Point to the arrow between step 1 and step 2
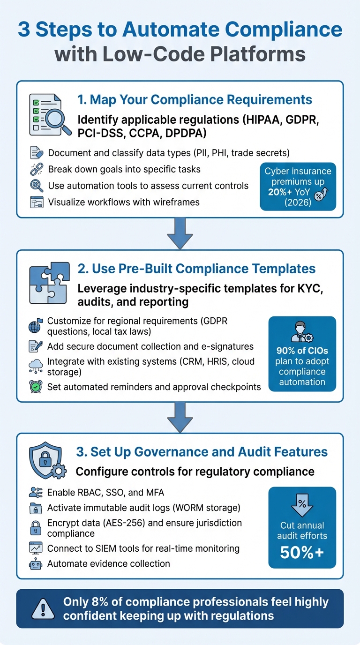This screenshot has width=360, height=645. tap(180, 233)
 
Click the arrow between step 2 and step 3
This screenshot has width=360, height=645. tap(180, 416)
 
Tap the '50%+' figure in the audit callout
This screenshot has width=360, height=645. tap(302, 553)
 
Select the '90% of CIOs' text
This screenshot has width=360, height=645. tap(302, 351)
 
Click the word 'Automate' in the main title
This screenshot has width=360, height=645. tap(178, 30)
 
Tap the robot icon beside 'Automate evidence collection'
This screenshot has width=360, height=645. tap(36, 563)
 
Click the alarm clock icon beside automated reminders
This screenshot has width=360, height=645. tap(36, 387)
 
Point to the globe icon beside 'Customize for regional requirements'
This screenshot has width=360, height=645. tap(36, 325)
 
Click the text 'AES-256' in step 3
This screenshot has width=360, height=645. tap(126, 523)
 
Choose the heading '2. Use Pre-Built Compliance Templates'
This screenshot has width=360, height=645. tap(196, 269)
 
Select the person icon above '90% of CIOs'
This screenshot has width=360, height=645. tap(302, 331)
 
